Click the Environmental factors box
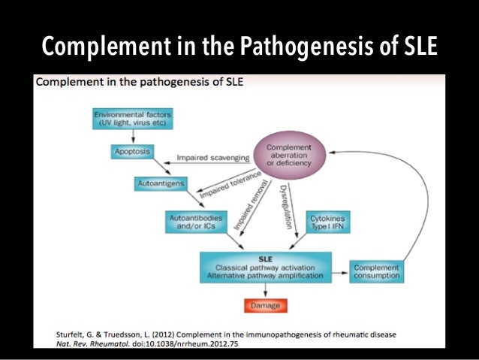(133, 118)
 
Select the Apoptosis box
(131, 151)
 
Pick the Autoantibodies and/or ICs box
(191, 221)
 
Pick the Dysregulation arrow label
(290, 201)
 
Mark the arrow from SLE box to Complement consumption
(340, 271)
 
